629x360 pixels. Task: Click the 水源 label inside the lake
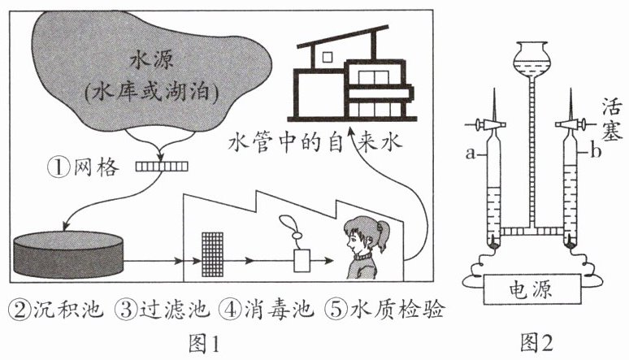click(152, 61)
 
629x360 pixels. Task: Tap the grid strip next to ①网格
click(162, 166)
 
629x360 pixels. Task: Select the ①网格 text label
click(84, 167)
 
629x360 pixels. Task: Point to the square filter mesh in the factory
click(212, 255)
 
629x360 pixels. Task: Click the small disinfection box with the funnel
click(301, 261)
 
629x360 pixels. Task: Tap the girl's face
click(356, 241)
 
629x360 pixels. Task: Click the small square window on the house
click(328, 58)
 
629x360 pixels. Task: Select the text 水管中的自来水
click(314, 141)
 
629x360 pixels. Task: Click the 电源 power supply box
click(532, 289)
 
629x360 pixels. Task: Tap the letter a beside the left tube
click(471, 153)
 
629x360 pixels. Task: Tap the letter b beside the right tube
click(596, 152)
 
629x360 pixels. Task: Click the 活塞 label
click(612, 119)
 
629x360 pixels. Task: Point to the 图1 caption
click(205, 344)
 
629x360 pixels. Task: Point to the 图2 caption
click(536, 343)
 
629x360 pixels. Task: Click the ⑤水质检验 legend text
click(384, 310)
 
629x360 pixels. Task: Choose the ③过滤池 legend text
click(163, 310)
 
